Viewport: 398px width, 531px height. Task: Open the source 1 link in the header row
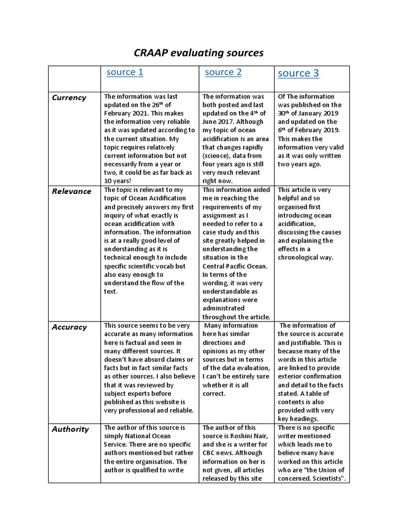(x=124, y=72)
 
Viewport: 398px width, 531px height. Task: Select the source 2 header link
(x=223, y=72)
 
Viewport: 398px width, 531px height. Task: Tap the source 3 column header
(x=298, y=73)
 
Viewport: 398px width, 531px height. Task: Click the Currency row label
(x=69, y=97)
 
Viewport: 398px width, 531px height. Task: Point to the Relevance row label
(x=72, y=191)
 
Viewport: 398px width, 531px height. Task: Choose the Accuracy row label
(x=69, y=327)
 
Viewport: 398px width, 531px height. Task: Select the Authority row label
(x=70, y=429)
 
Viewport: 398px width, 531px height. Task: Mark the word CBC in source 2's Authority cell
(x=210, y=444)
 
